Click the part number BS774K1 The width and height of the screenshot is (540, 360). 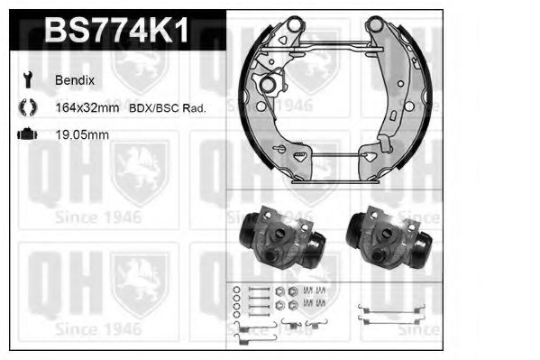point(116,30)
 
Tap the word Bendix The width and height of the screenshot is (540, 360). point(75,80)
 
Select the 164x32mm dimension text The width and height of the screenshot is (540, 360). point(87,108)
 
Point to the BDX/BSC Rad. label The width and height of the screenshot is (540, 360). point(168,108)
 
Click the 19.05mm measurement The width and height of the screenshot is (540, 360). point(82,134)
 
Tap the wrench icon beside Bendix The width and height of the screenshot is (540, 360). point(28,79)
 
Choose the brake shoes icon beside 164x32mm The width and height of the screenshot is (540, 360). point(28,107)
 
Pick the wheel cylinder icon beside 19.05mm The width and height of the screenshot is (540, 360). point(27,134)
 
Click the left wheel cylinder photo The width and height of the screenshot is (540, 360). point(282,237)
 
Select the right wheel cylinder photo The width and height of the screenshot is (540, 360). point(389,237)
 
